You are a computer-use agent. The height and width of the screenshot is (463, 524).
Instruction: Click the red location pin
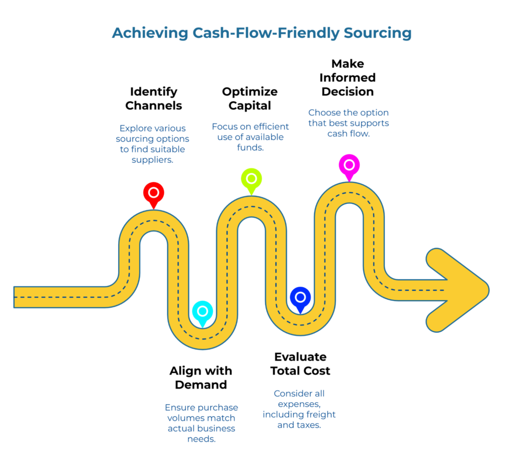click(153, 193)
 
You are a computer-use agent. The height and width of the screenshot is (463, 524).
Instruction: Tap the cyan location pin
click(203, 311)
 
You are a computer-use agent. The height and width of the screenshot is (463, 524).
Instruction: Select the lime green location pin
click(251, 179)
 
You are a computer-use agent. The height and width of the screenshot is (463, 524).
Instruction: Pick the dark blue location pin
click(300, 297)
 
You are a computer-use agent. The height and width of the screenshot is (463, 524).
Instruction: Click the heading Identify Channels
click(154, 99)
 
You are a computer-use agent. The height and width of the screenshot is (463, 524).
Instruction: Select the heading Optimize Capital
click(250, 99)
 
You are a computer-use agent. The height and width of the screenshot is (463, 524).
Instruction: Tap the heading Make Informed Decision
click(347, 78)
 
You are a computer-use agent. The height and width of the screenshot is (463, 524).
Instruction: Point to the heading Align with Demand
click(201, 378)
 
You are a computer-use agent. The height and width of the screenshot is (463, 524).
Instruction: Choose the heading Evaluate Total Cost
click(300, 364)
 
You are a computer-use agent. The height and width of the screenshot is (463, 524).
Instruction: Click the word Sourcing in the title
click(377, 33)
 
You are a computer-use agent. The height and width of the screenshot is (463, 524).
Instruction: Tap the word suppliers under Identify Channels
click(153, 160)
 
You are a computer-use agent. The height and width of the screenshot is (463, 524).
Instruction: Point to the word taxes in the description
click(309, 425)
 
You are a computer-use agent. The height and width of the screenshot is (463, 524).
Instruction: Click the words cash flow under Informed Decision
click(347, 134)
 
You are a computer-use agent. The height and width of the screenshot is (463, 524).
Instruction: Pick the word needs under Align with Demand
click(201, 439)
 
